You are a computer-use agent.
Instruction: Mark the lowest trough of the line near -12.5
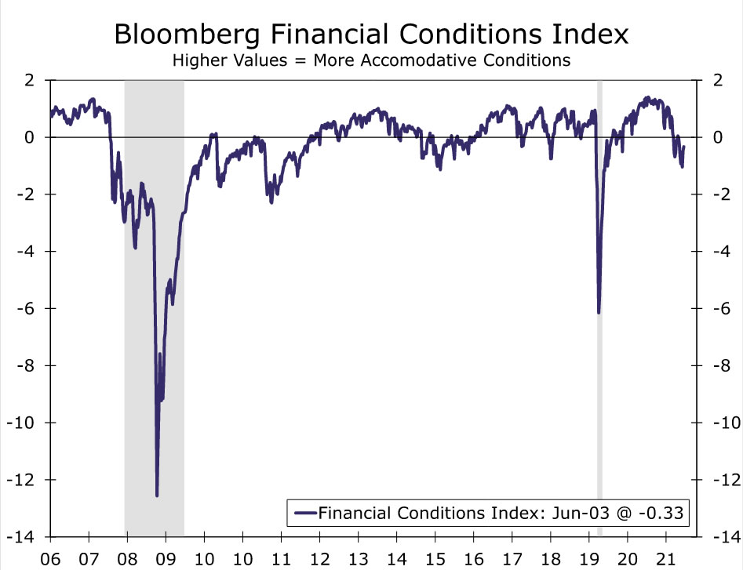click(x=157, y=495)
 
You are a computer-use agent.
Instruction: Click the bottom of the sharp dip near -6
click(x=599, y=313)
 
